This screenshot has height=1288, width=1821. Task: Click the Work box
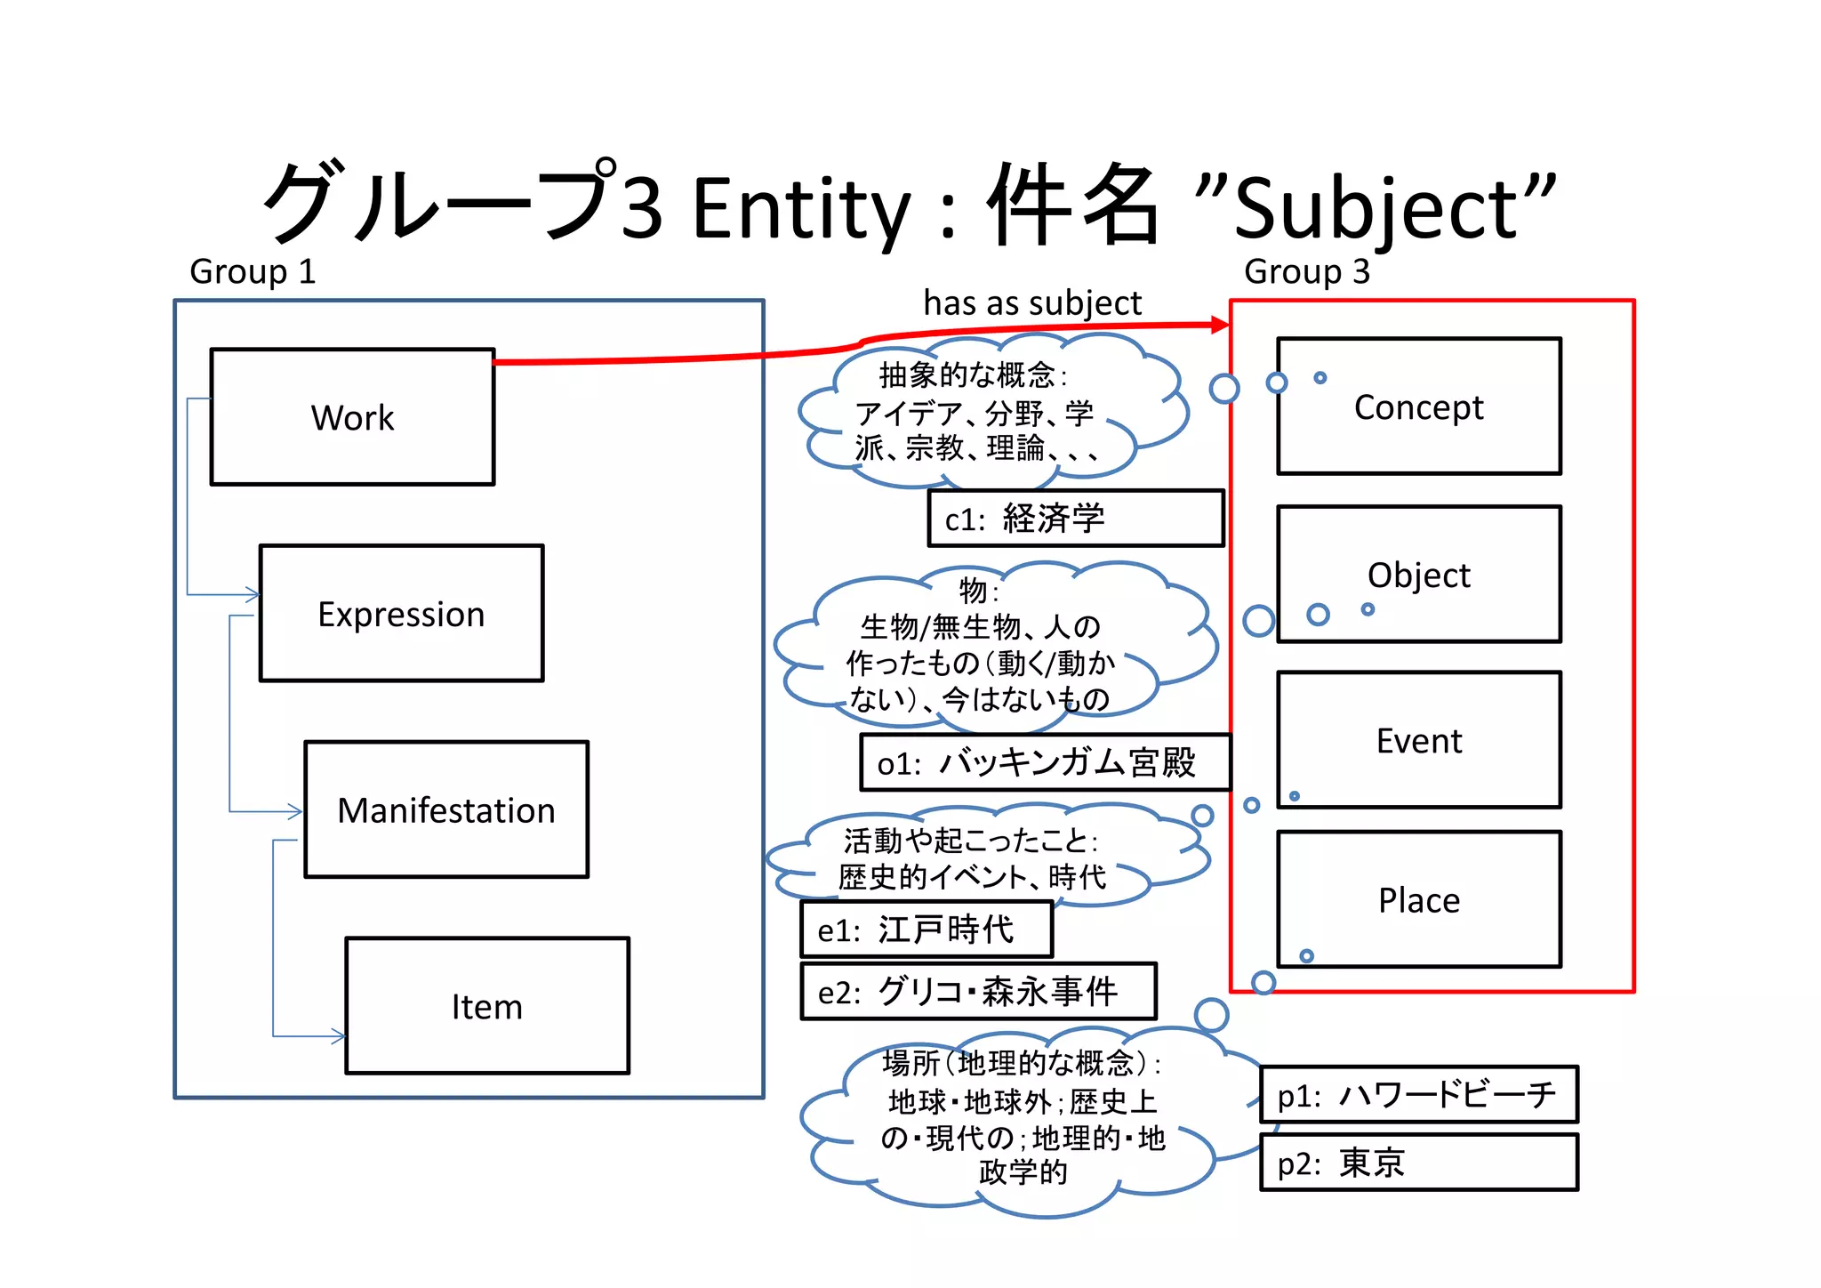[352, 417]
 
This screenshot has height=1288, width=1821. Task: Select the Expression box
[401, 614]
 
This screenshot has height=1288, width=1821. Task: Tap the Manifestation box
[445, 809]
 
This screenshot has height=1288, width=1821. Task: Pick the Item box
[486, 1006]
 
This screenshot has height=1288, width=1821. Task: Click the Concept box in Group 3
[1418, 407]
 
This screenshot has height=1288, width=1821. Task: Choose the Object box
[1418, 575]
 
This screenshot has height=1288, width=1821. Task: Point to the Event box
[1418, 740]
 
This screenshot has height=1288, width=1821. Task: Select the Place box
[1418, 899]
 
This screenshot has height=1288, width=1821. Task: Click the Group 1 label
[253, 271]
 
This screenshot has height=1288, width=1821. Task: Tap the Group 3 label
[1306, 271]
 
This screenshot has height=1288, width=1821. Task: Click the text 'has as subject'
[1031, 303]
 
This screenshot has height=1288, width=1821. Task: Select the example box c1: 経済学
[1075, 518]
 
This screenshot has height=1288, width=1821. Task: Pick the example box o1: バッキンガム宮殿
[1045, 762]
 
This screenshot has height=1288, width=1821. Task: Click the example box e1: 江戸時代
[926, 930]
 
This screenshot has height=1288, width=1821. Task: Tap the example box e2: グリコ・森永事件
[978, 991]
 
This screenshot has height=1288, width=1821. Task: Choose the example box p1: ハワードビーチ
[1418, 1094]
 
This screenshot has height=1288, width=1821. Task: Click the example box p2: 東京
[1418, 1163]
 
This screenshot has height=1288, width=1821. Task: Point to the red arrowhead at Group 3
[1220, 326]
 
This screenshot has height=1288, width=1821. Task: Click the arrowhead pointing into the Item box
[338, 1036]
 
